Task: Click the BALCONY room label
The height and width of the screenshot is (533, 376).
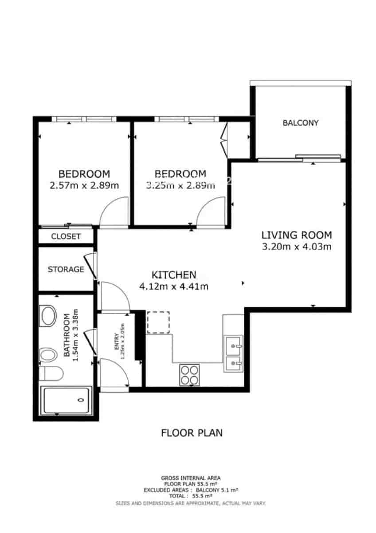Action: [x=300, y=123]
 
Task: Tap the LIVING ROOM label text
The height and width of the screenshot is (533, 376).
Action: [x=297, y=235]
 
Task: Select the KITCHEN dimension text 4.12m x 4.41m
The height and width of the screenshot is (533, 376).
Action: [x=174, y=286]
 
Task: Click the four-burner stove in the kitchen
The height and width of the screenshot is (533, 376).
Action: [x=189, y=375]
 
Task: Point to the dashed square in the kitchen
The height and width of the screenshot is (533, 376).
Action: [x=158, y=322]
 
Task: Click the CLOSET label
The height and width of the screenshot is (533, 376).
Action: [x=66, y=236]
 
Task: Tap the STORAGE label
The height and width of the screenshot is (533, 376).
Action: [x=66, y=269]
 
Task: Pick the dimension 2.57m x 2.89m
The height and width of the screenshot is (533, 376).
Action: [x=84, y=185]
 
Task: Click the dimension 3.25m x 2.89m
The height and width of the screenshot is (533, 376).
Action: [x=180, y=185]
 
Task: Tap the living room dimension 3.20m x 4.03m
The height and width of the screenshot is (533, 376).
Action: [x=297, y=247]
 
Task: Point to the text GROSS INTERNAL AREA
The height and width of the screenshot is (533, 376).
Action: [x=191, y=478]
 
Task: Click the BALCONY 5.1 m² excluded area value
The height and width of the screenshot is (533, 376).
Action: [x=217, y=490]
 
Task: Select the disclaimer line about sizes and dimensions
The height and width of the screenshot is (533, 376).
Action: [x=191, y=503]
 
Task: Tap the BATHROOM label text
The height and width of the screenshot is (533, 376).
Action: [x=67, y=335]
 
